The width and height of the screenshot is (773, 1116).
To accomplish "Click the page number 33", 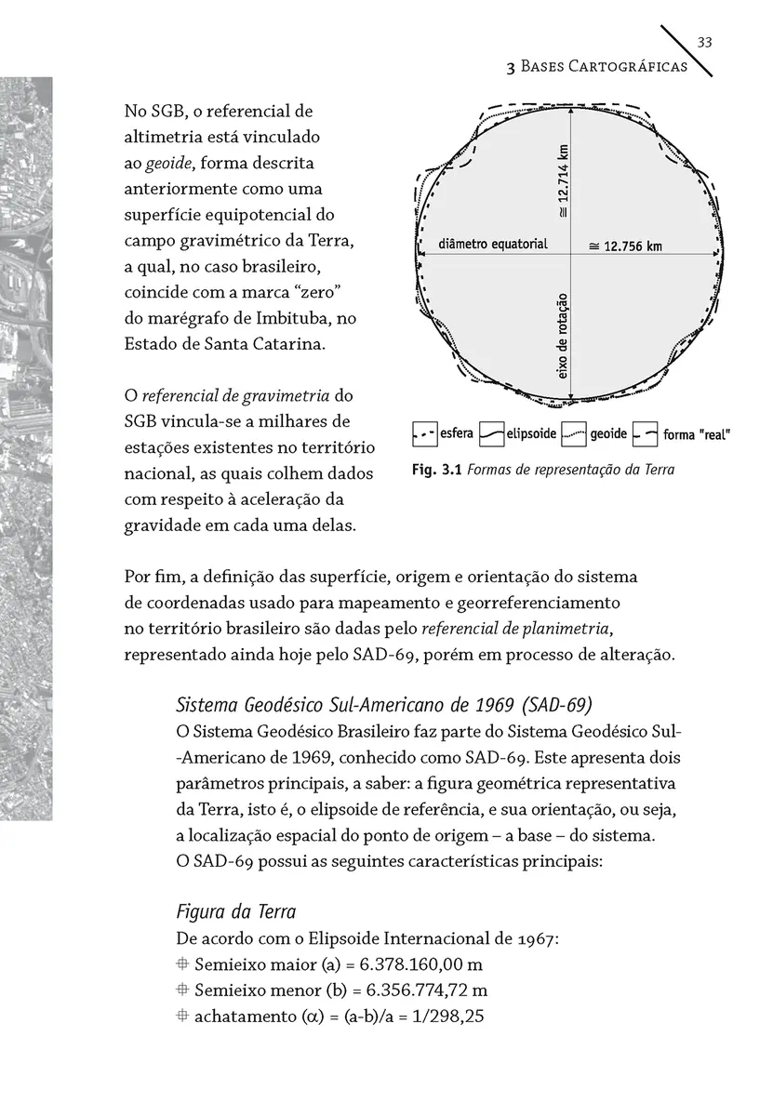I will [704, 42].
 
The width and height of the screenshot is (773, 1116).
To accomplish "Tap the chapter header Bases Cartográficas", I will [596, 67].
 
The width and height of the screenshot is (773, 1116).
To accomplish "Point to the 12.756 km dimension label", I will [625, 246].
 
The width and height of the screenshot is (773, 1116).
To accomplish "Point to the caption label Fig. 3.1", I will [436, 470].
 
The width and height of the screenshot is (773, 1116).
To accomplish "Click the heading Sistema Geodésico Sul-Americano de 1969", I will [383, 701].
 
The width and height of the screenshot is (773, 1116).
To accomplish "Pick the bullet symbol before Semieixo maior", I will [182, 963].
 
